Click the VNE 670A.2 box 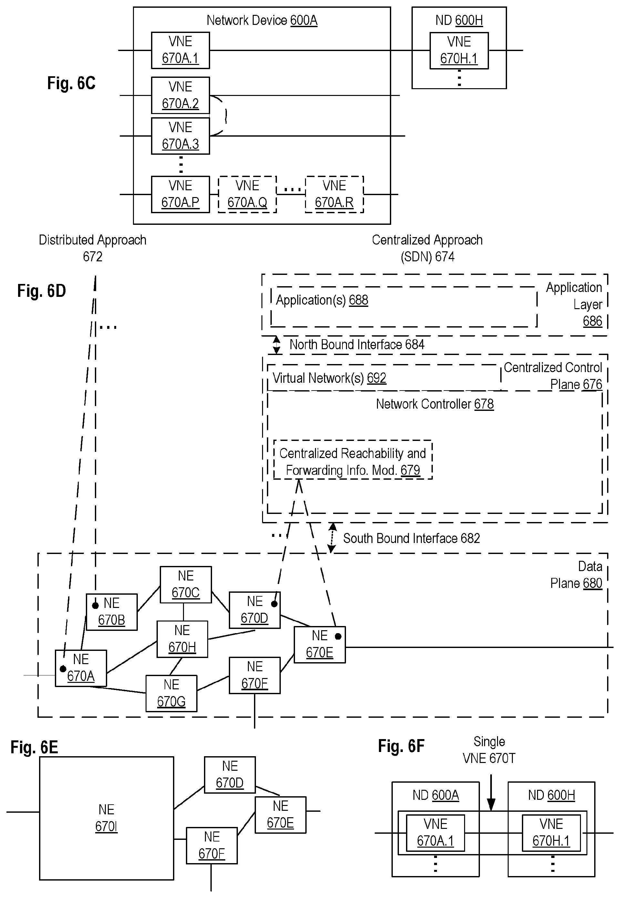[x=180, y=95]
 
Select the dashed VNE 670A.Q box [x=247, y=194]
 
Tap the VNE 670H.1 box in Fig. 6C [x=459, y=50]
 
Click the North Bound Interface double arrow [x=277, y=345]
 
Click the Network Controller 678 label [x=434, y=404]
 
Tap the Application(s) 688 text [x=322, y=300]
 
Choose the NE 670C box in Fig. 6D [x=186, y=584]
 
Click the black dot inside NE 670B [x=95, y=606]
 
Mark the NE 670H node [x=182, y=639]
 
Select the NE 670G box [x=171, y=693]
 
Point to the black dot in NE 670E [x=338, y=636]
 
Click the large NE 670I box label [x=106, y=818]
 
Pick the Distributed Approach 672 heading [x=92, y=248]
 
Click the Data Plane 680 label [x=576, y=575]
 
